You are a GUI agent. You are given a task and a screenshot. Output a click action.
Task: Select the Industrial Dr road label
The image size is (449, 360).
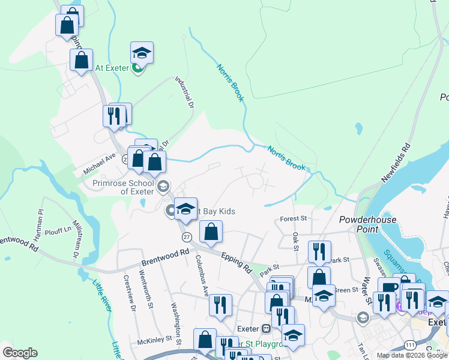tap(185, 92)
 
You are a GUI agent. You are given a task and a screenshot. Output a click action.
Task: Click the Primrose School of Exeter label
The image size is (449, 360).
tap(120, 187)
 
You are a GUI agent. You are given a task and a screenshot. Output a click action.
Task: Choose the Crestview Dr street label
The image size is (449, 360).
tap(130, 293)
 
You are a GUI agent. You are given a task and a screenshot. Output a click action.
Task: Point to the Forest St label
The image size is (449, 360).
tap(294, 219)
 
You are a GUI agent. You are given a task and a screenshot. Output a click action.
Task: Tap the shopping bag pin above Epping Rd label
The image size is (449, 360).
tap(211, 232)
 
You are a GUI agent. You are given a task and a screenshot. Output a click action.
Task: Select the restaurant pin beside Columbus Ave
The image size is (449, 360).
tap(220, 304)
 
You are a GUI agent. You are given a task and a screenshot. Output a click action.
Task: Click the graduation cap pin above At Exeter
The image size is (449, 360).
tap(142, 52)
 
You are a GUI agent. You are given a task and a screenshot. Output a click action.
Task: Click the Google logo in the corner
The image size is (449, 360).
tap(20, 353)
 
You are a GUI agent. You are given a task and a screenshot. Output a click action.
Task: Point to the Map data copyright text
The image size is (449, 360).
tap(412, 355)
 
